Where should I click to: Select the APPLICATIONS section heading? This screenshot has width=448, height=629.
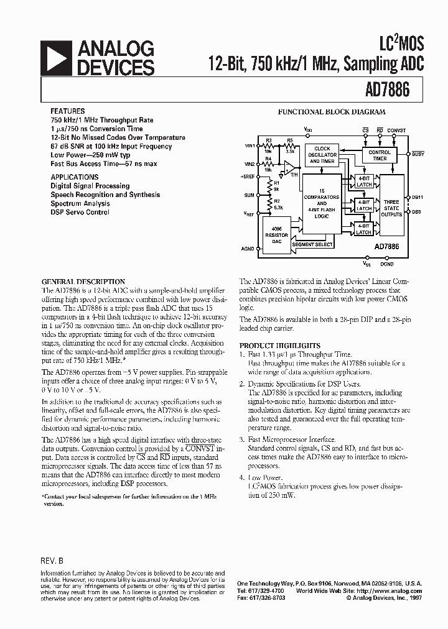pos(74,177)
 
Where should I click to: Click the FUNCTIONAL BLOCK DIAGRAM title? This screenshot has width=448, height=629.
pos(331,112)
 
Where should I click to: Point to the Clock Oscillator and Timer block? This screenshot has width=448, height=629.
pos(322,155)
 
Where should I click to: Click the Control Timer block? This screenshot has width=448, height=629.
pos(380,155)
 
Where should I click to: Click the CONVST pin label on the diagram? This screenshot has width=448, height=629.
pos(396,131)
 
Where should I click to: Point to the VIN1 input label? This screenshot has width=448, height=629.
pos(250,145)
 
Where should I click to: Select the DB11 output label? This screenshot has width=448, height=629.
pos(417,198)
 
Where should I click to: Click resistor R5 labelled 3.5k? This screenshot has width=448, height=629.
pos(290,145)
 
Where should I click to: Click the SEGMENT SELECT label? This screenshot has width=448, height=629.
pos(313,244)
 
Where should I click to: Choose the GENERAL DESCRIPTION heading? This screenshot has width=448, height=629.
pos(83,282)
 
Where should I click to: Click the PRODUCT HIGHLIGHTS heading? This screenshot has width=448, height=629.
pos(280,346)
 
